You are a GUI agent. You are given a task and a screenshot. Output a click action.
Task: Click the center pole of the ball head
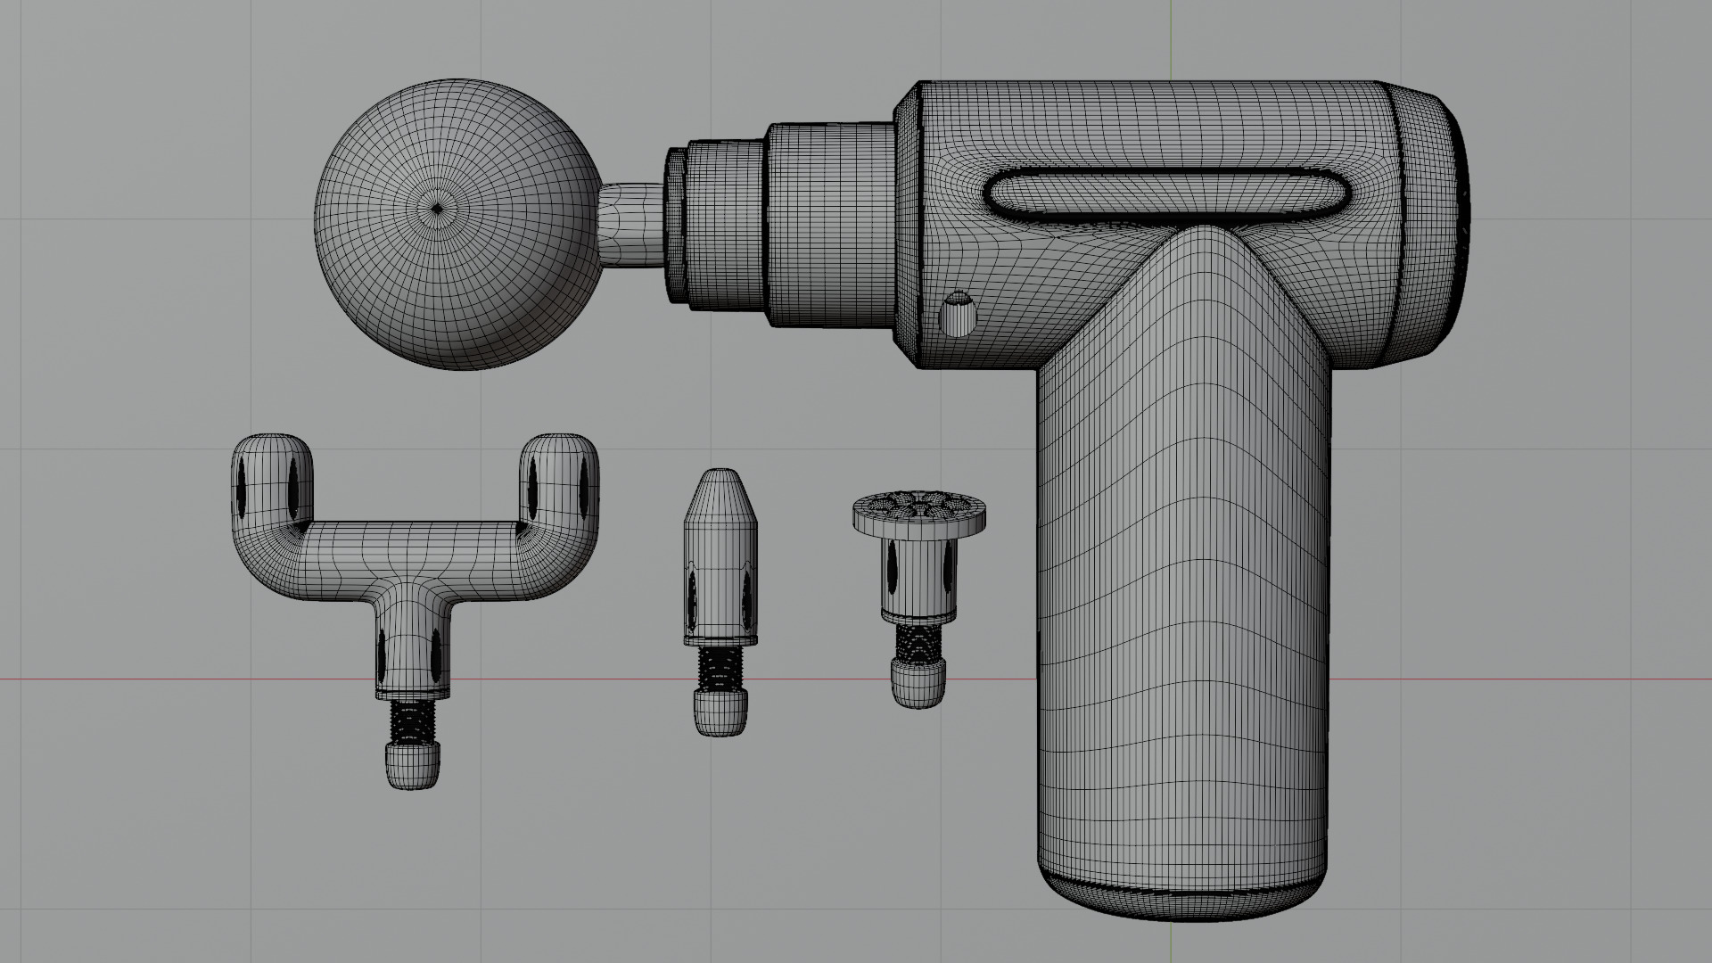436,210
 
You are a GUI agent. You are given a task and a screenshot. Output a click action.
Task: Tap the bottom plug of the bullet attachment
720,713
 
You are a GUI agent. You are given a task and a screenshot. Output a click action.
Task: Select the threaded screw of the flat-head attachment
918,641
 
